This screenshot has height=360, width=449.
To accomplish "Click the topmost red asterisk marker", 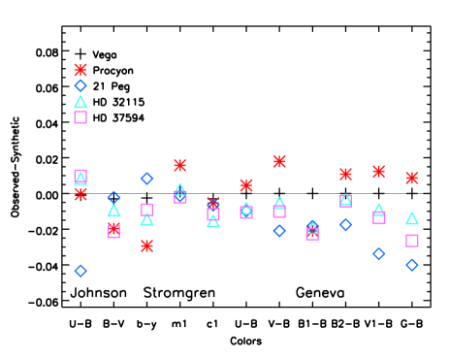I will pos(80,70).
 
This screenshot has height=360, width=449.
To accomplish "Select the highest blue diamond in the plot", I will pos(80,85).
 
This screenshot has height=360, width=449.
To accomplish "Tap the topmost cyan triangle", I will pos(80,102).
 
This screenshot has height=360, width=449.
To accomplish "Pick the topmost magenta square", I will pos(80,117).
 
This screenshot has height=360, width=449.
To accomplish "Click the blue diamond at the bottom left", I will pos(80,271).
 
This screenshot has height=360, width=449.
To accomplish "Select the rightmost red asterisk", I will pos(412,178).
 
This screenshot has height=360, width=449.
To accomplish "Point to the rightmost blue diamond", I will pos(412,265).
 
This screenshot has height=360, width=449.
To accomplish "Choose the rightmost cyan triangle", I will pos(412,218).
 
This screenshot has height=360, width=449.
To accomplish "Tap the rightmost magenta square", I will pos(412,241).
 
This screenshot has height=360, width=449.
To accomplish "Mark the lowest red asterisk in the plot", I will pos(146,245).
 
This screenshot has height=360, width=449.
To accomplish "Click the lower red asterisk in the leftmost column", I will pos(80,194).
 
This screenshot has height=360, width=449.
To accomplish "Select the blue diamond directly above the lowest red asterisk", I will pos(146,179).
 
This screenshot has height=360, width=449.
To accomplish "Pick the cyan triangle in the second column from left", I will pos(113,211).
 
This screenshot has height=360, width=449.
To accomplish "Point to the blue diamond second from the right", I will pos(379,253).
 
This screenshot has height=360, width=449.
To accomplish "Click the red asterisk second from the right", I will pos(379,171).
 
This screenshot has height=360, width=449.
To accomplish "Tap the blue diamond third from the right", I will pos(345,225).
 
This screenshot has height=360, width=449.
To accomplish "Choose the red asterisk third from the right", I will pos(345,174).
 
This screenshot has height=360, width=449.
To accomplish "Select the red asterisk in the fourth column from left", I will pos(179,165).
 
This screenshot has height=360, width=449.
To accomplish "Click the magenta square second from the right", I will pos(379,217).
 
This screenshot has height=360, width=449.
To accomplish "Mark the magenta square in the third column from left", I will pos(146,209).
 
